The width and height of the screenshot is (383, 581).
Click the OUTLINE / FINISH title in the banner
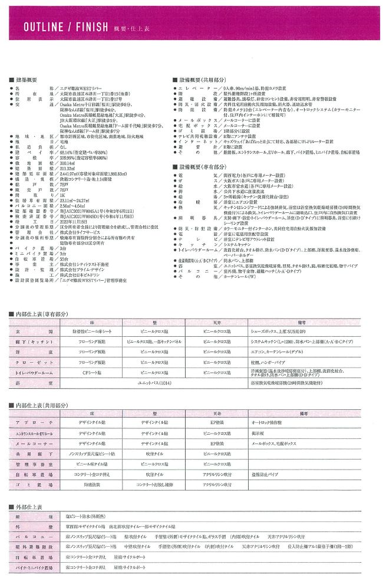pos(65,27)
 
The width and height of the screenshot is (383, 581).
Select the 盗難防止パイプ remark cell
pos(267,474)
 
